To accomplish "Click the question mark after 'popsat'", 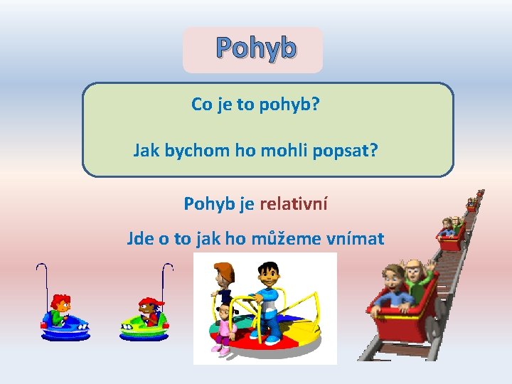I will [373, 151].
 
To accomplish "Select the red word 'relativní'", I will [294, 204].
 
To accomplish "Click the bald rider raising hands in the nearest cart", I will [414, 274].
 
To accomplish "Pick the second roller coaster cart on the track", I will [449, 235].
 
